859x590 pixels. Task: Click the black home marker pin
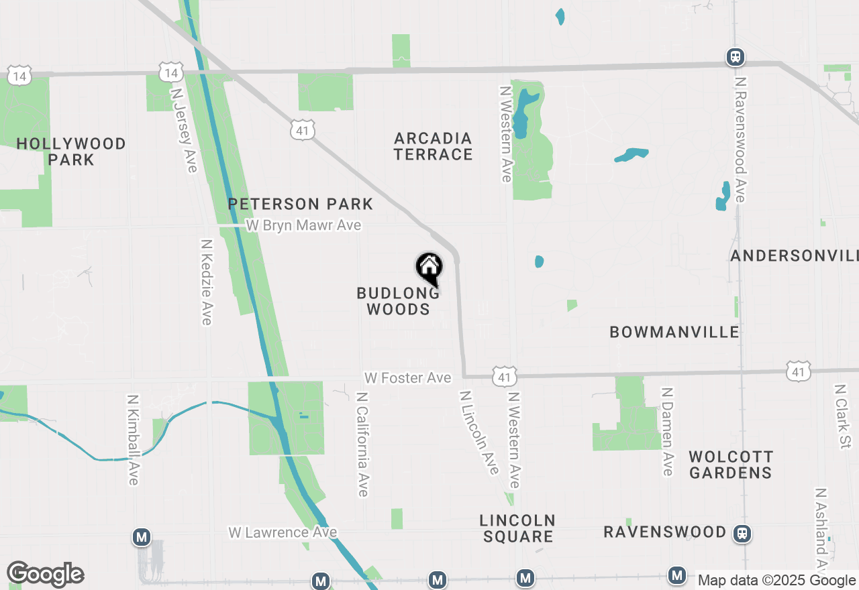click(x=429, y=268)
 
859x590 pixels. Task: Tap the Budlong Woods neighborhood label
click(x=398, y=301)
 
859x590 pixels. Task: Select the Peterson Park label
click(x=300, y=204)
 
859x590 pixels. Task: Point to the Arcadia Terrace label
click(x=433, y=146)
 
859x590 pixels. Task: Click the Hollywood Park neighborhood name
click(x=71, y=152)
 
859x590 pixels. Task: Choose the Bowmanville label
click(x=674, y=332)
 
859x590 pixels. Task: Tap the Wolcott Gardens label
click(x=731, y=465)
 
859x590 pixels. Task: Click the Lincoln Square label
click(x=517, y=528)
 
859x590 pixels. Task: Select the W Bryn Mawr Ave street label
click(x=303, y=225)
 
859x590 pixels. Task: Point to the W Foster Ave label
click(x=407, y=378)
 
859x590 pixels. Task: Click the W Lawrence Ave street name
click(x=283, y=532)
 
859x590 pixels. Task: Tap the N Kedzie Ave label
click(x=207, y=282)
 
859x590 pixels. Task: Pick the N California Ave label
click(x=362, y=445)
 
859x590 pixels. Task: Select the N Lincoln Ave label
click(x=479, y=432)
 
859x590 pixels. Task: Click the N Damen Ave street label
click(x=667, y=431)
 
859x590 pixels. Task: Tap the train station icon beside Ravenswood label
click(x=742, y=534)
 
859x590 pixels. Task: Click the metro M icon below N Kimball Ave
click(x=141, y=537)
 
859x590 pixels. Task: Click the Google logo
click(x=45, y=574)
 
